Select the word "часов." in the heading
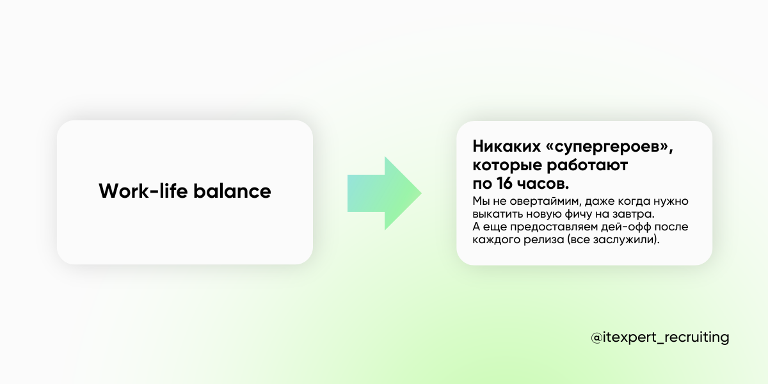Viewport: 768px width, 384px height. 543,184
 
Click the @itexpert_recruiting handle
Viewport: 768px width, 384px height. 660,337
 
